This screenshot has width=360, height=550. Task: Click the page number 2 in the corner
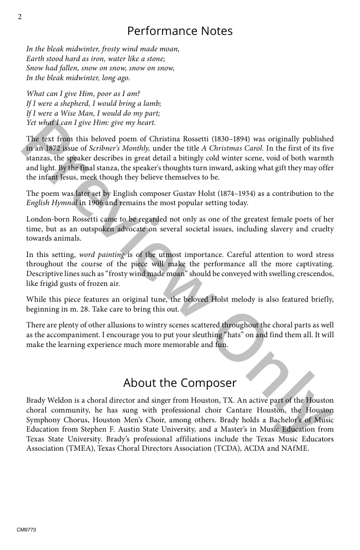20,16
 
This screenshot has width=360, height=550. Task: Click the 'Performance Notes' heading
180,31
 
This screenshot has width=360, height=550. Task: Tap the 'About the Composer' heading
180,382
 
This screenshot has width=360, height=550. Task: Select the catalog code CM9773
26,530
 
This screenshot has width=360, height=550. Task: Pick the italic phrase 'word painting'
102,255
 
